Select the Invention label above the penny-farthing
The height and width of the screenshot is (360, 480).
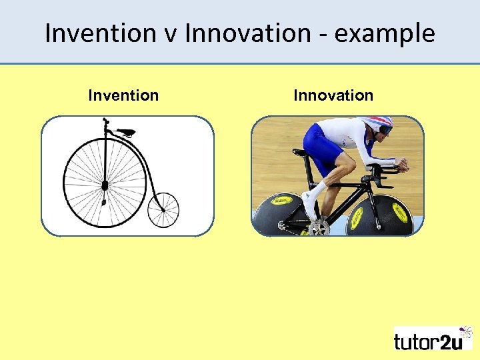(x=123, y=95)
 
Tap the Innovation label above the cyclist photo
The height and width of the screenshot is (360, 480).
(x=333, y=95)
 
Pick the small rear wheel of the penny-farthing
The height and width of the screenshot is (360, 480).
(x=163, y=209)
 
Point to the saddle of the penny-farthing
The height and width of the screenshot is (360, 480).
(x=125, y=132)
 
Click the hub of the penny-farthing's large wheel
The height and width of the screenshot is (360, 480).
(x=105, y=185)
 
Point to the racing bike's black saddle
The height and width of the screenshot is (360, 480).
(x=301, y=153)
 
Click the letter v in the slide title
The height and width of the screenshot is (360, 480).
(x=169, y=33)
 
